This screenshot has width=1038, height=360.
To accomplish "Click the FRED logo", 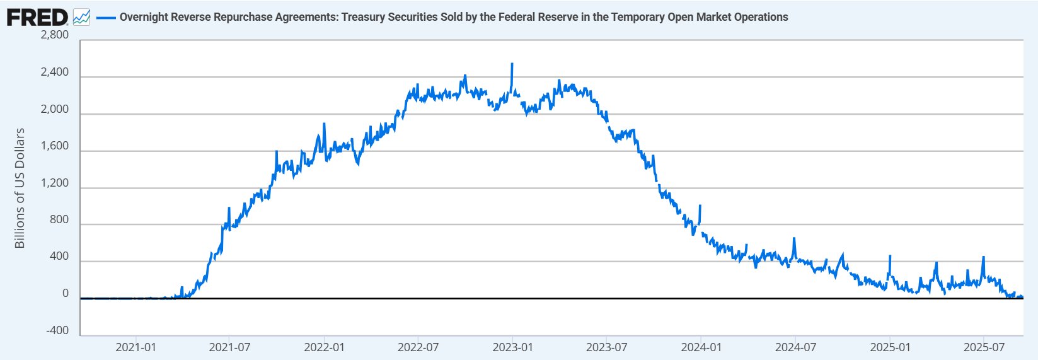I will [37, 17].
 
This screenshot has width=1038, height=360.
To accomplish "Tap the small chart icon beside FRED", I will [82, 17].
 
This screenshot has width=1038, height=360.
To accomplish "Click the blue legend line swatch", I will [105, 17].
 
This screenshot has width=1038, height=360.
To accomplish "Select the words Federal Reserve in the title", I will [533, 17].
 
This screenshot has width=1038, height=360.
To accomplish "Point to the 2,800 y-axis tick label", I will [54, 35].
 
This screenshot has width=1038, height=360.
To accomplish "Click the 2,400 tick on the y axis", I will [54, 73].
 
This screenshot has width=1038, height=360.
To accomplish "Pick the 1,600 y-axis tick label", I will [54, 146].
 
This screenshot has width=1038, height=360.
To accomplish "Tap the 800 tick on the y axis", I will [59, 220].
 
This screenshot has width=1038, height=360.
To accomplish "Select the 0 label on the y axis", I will [66, 294].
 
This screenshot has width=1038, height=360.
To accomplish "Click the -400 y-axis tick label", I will [57, 331].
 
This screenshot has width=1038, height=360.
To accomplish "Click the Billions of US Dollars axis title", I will [20, 188].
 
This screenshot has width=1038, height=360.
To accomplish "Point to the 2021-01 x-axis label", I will [136, 347].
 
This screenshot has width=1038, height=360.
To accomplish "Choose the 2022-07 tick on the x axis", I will [418, 347].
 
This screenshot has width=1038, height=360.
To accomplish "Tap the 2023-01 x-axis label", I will [512, 347].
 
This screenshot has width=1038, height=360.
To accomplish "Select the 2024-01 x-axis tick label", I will [701, 347].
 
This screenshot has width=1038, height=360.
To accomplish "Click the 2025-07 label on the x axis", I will [984, 347].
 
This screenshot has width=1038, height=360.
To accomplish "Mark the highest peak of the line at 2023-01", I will [512, 64].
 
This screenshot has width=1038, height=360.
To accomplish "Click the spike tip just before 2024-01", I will [700, 206].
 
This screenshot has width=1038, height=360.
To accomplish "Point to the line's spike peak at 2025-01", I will [890, 256].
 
